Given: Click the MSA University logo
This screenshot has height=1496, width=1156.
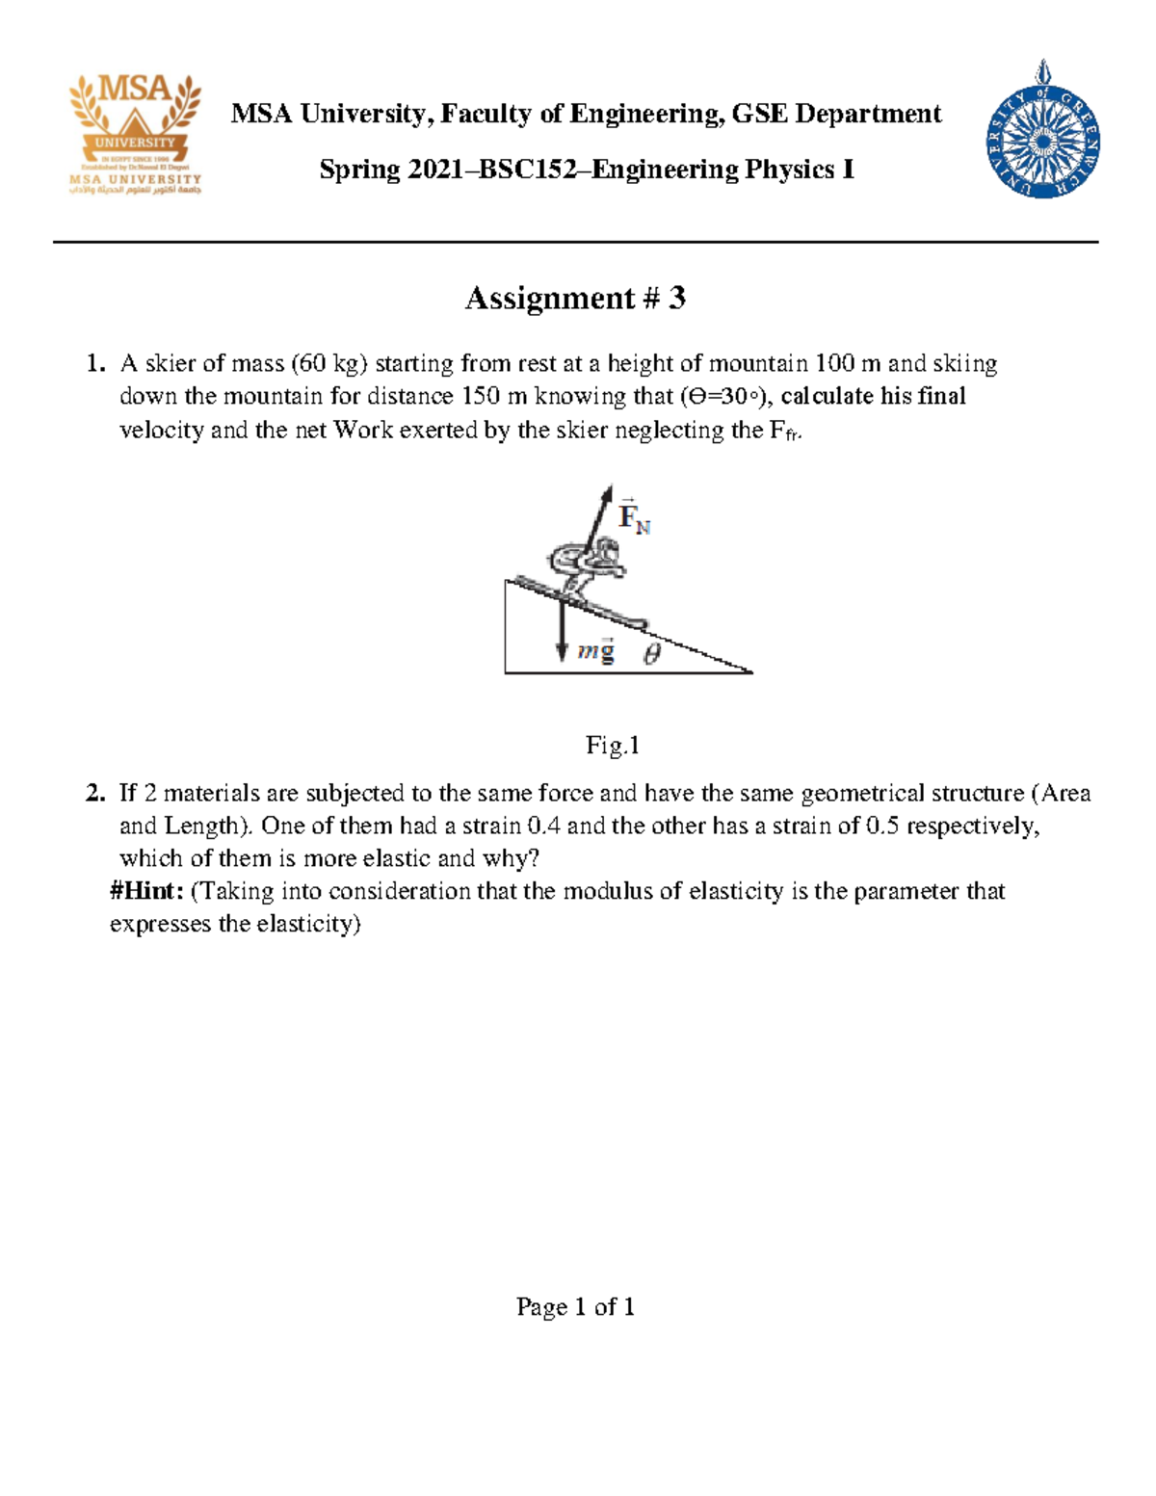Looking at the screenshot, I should click(135, 135).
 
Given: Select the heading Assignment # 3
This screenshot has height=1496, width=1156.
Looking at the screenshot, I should click(575, 299).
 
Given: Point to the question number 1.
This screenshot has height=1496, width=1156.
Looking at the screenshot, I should click(94, 364).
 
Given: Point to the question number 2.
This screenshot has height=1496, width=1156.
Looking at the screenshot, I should click(94, 794).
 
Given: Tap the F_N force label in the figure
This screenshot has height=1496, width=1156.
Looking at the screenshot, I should click(634, 517).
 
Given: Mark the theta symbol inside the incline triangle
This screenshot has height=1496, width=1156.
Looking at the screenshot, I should click(652, 655).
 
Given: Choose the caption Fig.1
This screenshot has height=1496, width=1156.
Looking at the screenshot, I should click(613, 746).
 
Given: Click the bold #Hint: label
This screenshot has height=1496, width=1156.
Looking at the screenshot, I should click(146, 892).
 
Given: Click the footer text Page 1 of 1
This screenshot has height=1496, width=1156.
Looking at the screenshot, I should click(575, 1307).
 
